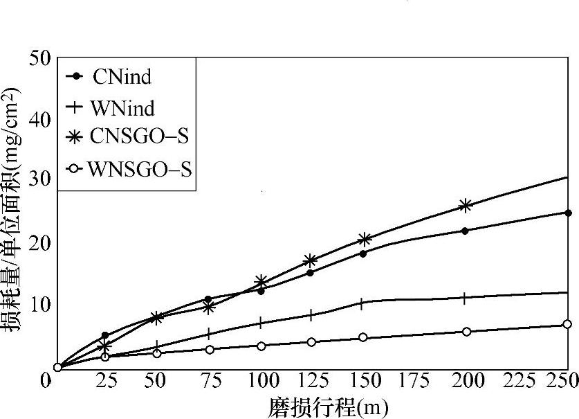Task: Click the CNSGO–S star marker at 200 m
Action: (x=466, y=205)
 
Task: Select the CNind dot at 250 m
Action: (x=568, y=213)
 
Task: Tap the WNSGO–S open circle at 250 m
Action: (x=567, y=324)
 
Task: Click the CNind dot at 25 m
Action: (x=104, y=335)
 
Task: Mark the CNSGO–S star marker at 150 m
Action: (x=365, y=239)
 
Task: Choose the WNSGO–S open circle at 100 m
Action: (x=261, y=346)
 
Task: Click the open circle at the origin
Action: (x=58, y=367)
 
